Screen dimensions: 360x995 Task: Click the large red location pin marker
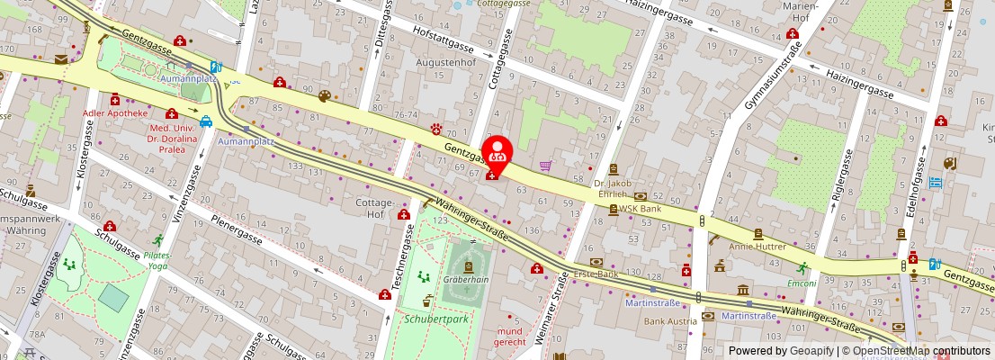[497, 150]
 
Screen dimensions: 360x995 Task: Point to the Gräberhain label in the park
[467, 279]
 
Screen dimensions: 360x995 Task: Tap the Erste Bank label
[596, 273]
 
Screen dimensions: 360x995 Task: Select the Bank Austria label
[669, 320]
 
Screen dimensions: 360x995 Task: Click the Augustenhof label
[444, 64]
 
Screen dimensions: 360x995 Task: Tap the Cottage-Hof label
[369, 208]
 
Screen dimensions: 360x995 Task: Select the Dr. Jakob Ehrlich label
[614, 188]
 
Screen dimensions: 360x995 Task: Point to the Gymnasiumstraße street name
[770, 82]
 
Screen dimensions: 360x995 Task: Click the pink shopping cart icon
[545, 166]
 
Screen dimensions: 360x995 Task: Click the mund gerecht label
[510, 337]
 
